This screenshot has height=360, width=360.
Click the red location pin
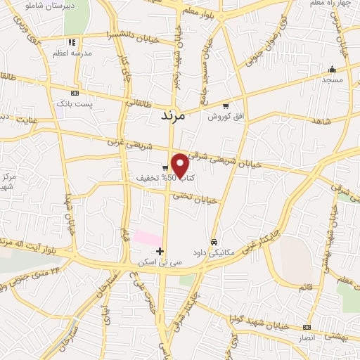click(x=181, y=166)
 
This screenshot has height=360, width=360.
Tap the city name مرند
click(x=169, y=115)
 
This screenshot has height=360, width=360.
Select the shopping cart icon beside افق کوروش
click(x=225, y=106)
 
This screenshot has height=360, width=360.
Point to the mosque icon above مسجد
click(x=332, y=69)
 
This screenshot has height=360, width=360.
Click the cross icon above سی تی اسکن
click(x=160, y=250)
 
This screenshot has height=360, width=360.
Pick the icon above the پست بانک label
click(x=75, y=93)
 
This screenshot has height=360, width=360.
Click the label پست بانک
click(x=75, y=103)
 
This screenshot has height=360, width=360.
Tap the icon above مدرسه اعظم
click(x=71, y=42)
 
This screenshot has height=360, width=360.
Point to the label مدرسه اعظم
click(x=69, y=53)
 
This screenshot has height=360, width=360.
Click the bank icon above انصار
click(x=306, y=327)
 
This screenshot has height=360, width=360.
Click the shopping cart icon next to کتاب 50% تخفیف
click(x=164, y=167)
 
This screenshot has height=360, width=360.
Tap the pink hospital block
click(x=148, y=237)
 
